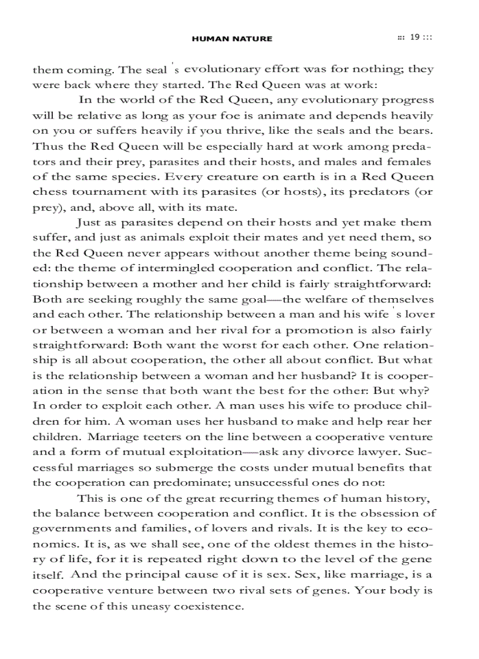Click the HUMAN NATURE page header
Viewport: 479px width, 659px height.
(x=232, y=39)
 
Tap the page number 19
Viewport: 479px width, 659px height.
(x=414, y=38)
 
